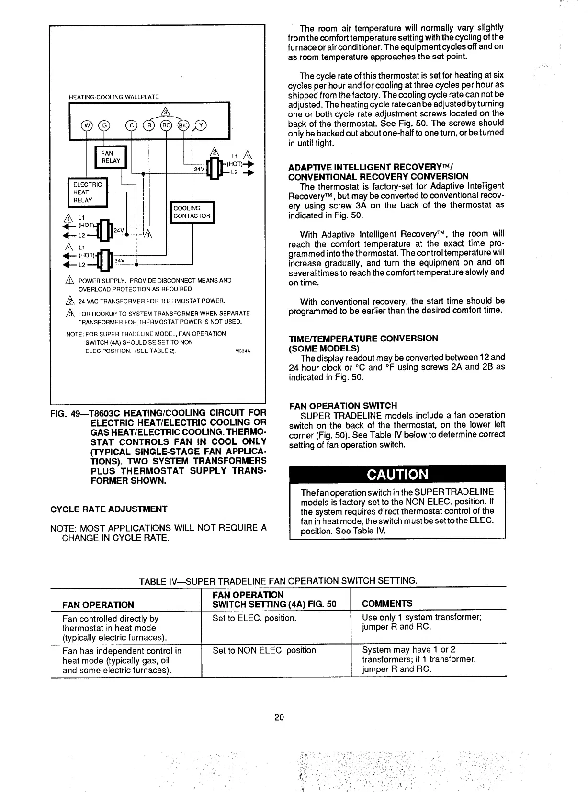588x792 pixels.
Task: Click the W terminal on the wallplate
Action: (x=87, y=126)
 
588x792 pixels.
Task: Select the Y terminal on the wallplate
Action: (x=202, y=126)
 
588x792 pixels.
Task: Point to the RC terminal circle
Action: (x=166, y=126)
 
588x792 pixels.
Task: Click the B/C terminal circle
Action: (x=183, y=126)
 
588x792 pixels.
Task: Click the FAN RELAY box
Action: (x=110, y=157)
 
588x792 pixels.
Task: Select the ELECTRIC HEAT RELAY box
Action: (x=88, y=192)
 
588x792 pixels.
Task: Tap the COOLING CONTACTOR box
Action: (x=192, y=212)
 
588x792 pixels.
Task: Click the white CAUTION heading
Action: (x=397, y=474)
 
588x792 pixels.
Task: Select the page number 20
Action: (x=279, y=717)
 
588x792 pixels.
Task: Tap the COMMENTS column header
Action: (x=387, y=603)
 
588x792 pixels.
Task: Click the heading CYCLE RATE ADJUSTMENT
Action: (x=109, y=509)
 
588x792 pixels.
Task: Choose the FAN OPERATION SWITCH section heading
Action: (x=343, y=406)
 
